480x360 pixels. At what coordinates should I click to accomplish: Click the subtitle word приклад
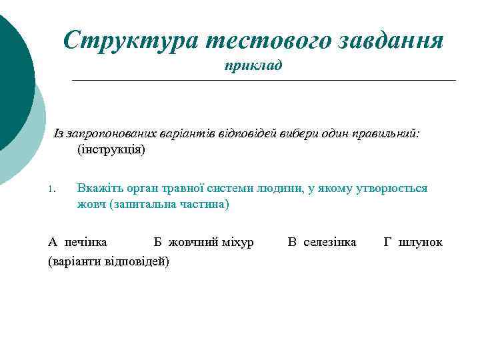pos(253,66)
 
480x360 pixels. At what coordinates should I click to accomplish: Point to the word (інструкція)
pos(111,149)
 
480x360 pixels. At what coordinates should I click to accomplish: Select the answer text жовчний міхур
pos(211,241)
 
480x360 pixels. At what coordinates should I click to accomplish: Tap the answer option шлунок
pos(420,241)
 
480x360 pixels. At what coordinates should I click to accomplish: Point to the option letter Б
pos(157,241)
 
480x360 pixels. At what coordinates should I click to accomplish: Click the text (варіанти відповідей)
pos(109,261)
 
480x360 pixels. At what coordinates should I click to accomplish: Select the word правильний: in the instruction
pos(387,133)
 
